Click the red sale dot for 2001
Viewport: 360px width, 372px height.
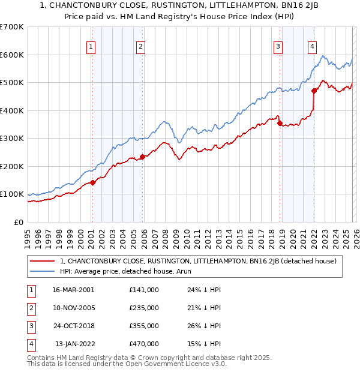click(92, 183)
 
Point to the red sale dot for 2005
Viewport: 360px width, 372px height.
click(142, 157)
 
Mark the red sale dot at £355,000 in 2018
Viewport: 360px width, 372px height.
click(280, 124)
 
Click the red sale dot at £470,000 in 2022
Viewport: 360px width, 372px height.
click(314, 91)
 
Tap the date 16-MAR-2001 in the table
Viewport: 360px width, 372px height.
click(73, 289)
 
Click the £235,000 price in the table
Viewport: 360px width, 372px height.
click(143, 308)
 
